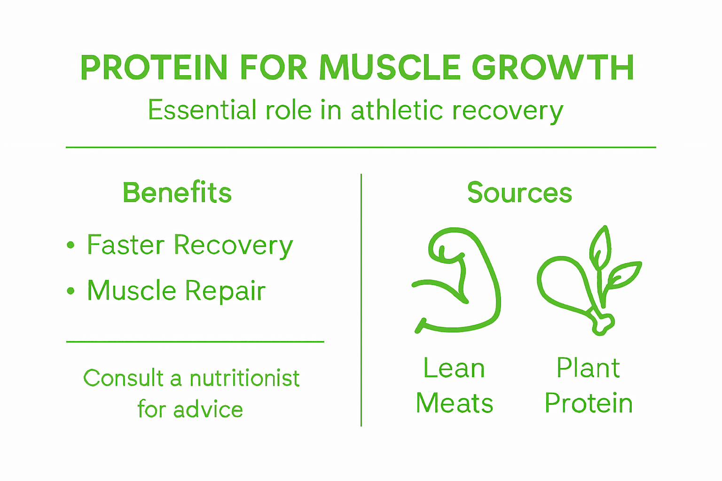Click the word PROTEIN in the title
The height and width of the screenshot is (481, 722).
[x=154, y=68]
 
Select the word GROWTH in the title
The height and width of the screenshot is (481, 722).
[x=553, y=68]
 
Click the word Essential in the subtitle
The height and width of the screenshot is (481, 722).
[x=201, y=110]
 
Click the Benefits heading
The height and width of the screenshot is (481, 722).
[x=177, y=193]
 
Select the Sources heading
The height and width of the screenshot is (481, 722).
[x=519, y=193]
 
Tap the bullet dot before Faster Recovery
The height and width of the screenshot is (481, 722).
[x=71, y=245]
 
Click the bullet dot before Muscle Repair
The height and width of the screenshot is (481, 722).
[x=71, y=291]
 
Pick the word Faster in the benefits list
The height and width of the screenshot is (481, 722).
[x=126, y=245]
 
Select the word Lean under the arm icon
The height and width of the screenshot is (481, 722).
[x=454, y=368]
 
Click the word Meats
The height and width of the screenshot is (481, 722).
[x=455, y=403]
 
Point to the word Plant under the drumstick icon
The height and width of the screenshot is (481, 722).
[x=588, y=368]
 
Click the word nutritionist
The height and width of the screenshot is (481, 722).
[x=244, y=379]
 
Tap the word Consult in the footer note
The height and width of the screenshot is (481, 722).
[x=123, y=379]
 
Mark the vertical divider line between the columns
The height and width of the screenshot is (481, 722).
[x=361, y=301]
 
